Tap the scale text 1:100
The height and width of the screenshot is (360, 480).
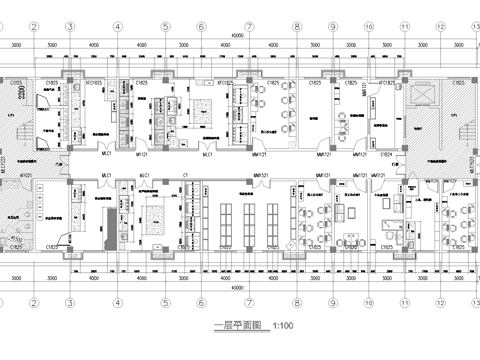click(284, 326)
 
